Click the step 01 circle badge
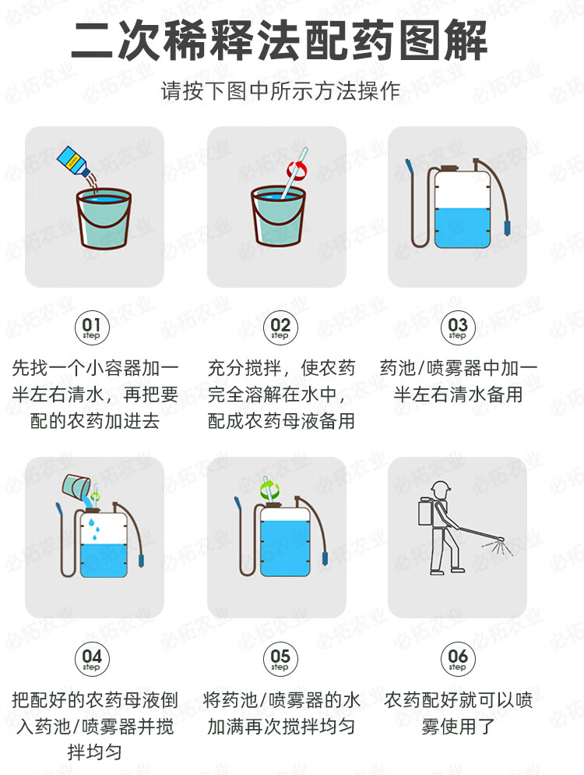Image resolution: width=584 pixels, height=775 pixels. click(91, 327)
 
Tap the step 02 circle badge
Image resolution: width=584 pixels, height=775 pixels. click(280, 327)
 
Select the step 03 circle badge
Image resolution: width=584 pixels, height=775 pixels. click(458, 327)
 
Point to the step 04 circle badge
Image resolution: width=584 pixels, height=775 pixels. click(91, 659)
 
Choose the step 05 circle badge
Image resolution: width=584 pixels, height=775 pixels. click(280, 659)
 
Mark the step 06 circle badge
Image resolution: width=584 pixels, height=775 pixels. click(458, 659)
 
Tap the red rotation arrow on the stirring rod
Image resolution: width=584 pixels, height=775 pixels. click(297, 169)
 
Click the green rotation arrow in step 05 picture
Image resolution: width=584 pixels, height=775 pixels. click(270, 490)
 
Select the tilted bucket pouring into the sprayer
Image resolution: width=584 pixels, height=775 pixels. click(76, 486)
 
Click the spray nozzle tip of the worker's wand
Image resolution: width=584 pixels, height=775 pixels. click(501, 539)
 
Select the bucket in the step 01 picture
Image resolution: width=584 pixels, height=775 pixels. click(104, 218)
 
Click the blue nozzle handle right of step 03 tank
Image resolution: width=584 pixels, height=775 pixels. click(507, 228)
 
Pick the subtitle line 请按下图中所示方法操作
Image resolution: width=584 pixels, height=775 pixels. click(280, 91)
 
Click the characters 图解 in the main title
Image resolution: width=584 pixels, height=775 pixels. click(443, 41)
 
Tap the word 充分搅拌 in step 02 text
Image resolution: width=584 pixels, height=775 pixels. click(245, 368)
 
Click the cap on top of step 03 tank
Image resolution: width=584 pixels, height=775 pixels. click(450, 168)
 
